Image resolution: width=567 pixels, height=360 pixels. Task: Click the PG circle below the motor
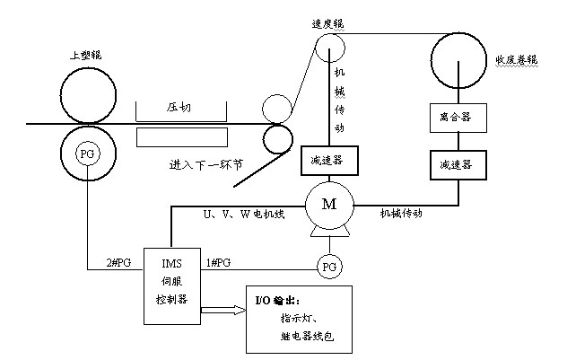tap(329, 267)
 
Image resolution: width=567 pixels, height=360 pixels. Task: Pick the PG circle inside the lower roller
tap(87, 152)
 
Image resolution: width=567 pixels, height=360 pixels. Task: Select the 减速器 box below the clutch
tap(457, 166)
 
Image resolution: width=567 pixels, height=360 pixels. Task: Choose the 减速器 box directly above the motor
tap(325, 160)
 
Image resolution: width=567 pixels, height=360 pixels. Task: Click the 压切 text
tap(179, 107)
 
